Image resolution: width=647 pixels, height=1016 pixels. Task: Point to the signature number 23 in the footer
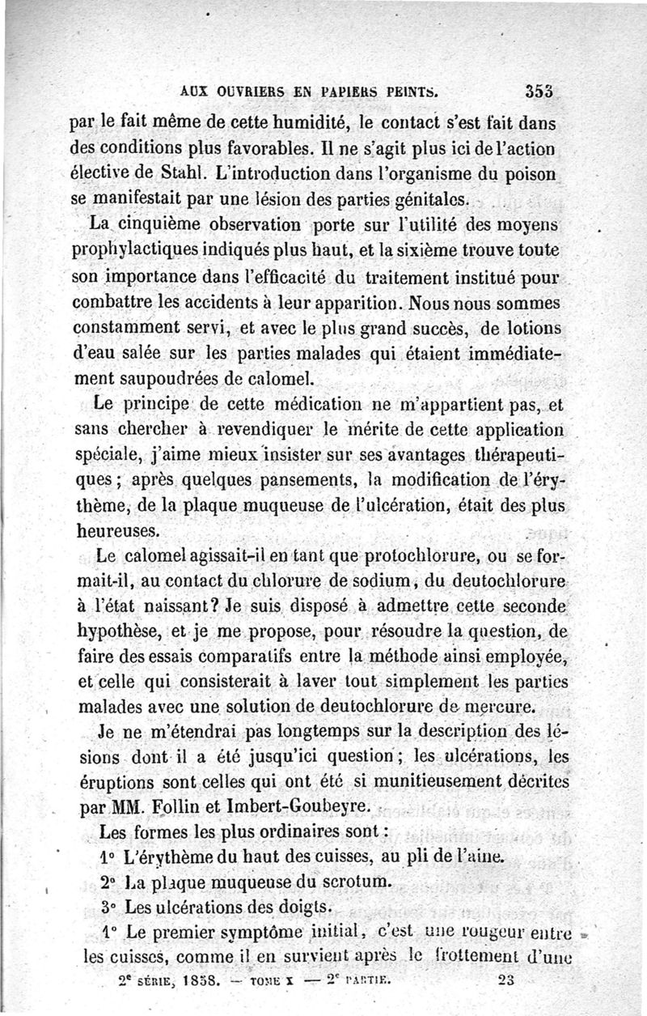point(508,980)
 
